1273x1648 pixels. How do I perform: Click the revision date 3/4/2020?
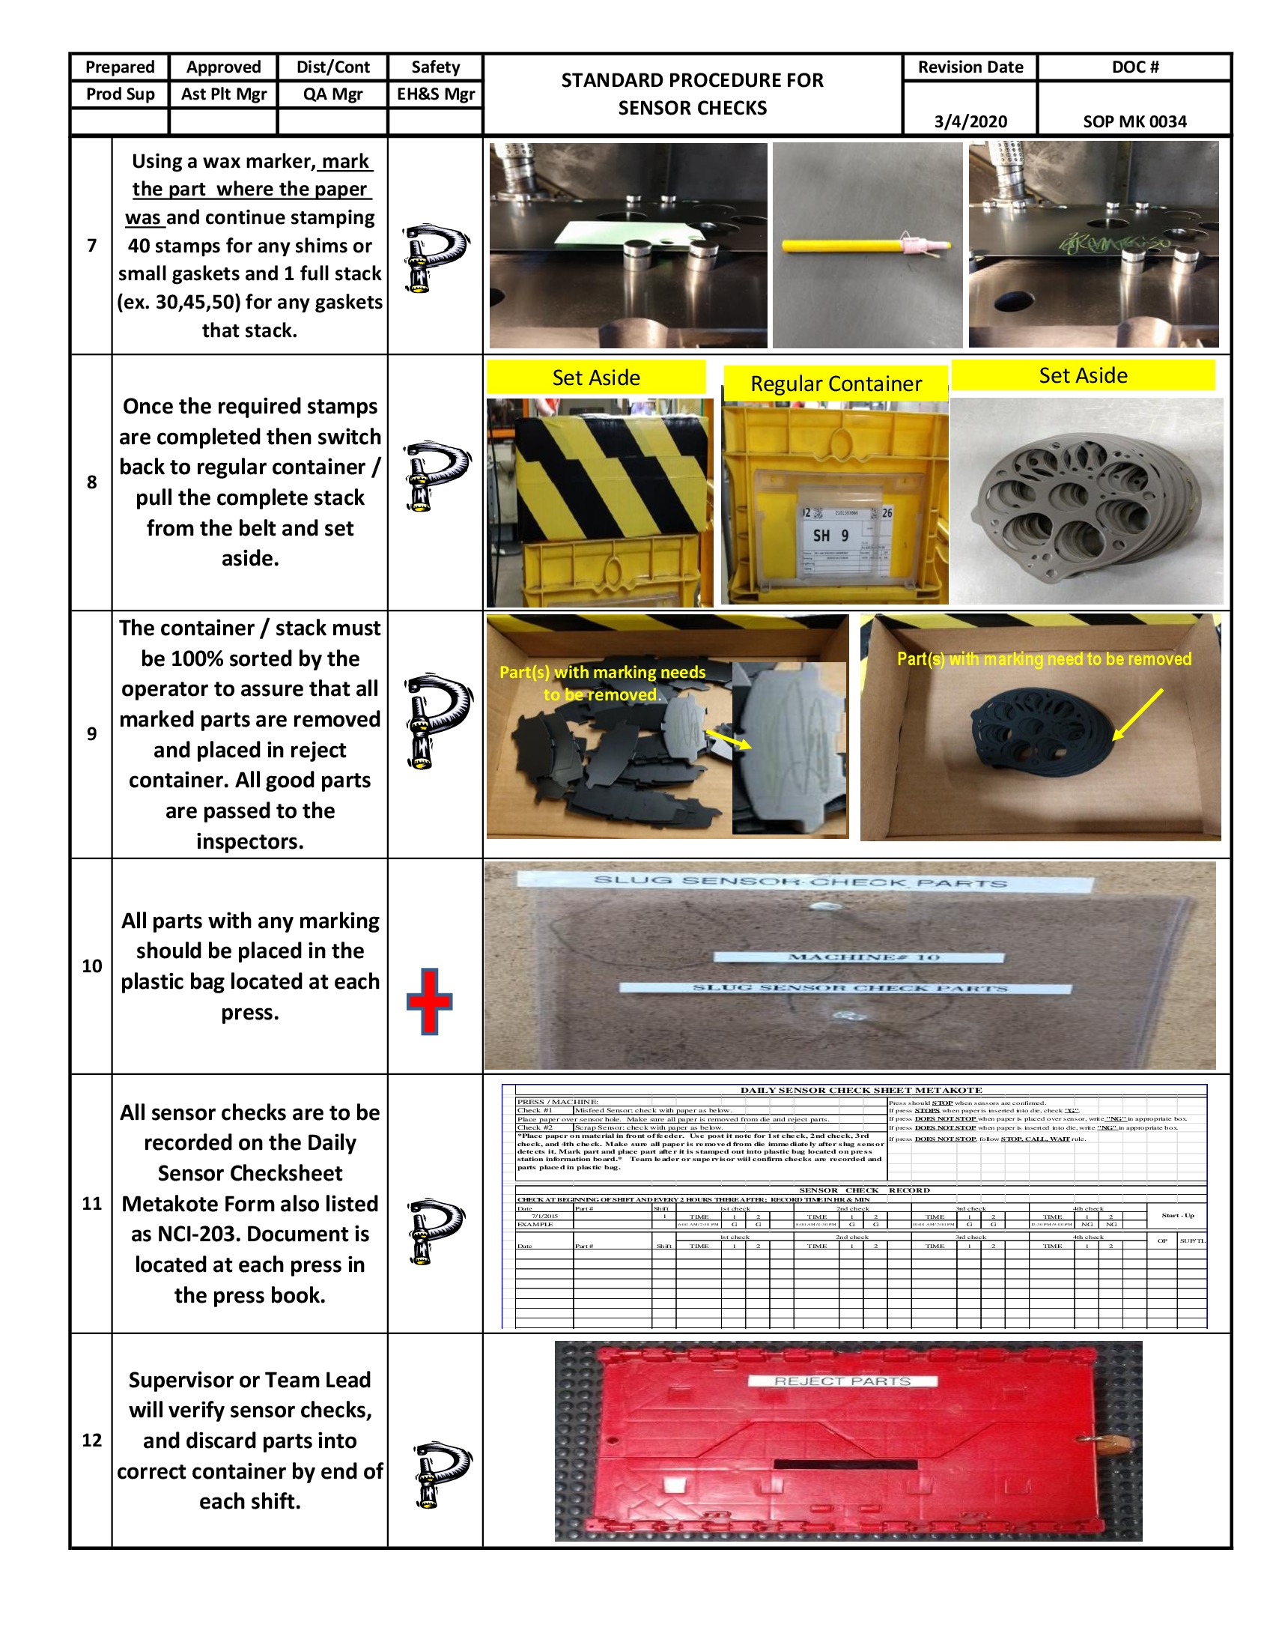[970, 121]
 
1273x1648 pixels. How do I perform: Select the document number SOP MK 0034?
[1134, 121]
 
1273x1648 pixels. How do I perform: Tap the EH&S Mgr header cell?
[435, 94]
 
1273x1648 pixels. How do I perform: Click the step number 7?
[91, 245]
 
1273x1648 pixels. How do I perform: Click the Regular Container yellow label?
[835, 384]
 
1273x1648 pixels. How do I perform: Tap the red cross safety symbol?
[429, 1002]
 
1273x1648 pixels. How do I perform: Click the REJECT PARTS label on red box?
[842, 1381]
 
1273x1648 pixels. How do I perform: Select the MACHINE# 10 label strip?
[859, 957]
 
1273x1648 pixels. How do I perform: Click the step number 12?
[91, 1440]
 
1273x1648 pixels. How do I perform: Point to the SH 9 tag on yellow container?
[830, 535]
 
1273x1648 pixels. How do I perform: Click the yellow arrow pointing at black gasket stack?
[1137, 714]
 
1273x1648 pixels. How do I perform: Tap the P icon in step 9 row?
[437, 720]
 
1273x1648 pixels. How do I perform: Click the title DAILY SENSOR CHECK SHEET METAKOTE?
[860, 1090]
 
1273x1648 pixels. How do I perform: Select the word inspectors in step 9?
[249, 841]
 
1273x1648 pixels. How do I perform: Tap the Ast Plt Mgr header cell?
[223, 94]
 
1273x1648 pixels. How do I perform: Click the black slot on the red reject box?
[845, 1464]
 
